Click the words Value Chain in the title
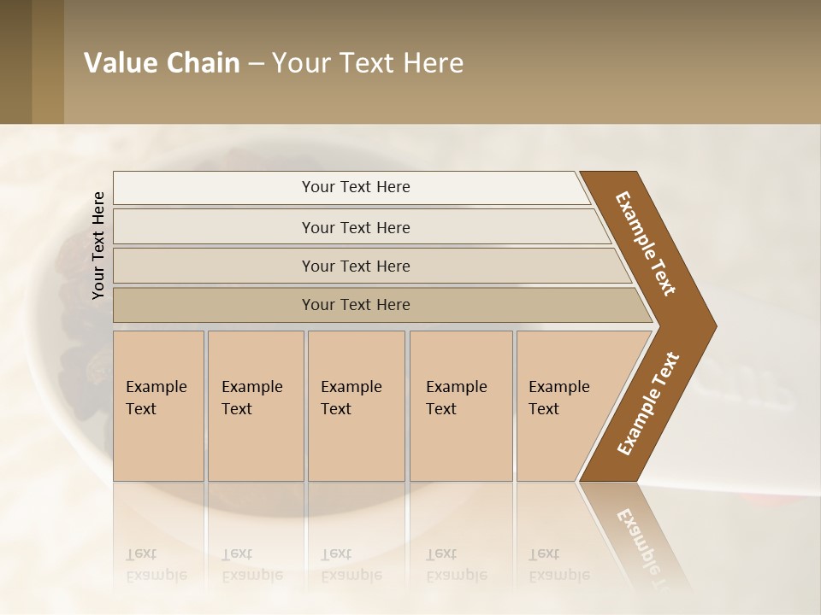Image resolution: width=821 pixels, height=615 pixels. click(x=162, y=63)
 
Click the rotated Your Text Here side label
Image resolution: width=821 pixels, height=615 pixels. click(x=98, y=245)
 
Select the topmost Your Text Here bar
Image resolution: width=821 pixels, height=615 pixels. click(x=356, y=187)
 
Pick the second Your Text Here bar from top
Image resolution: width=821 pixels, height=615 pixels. click(x=356, y=227)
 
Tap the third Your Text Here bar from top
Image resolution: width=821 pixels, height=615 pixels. click(x=356, y=266)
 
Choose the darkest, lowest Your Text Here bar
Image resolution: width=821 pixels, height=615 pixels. click(x=356, y=305)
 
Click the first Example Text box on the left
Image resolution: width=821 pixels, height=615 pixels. click(x=158, y=406)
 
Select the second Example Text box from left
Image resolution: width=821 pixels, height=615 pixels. click(x=255, y=406)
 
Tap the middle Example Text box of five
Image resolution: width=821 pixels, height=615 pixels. click(x=356, y=406)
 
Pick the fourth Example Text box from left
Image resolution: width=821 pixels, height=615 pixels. click(x=460, y=406)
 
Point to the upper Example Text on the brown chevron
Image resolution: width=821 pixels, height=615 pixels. click(x=646, y=243)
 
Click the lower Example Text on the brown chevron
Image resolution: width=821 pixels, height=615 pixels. click(x=648, y=404)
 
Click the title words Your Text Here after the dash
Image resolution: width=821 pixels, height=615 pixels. click(x=368, y=63)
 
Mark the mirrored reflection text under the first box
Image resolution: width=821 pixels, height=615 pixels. click(x=157, y=565)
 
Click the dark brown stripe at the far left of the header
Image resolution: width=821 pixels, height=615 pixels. click(x=15, y=61)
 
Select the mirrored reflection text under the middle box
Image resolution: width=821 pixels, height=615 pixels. click(x=351, y=565)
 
